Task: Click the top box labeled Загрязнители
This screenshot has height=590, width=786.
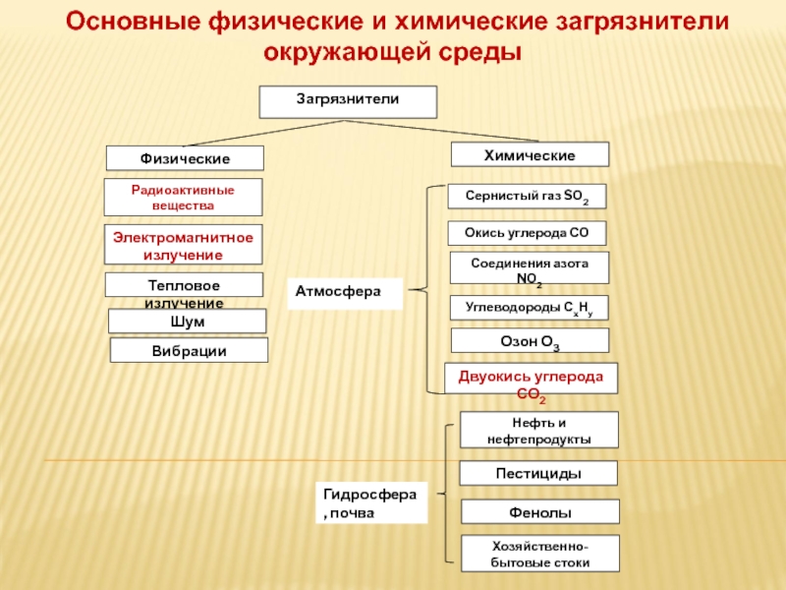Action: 348,102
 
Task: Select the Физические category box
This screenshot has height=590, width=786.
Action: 185,158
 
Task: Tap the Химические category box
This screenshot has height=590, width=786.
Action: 530,154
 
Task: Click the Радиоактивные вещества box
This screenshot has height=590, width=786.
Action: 183,198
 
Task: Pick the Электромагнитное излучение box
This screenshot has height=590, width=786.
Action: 183,244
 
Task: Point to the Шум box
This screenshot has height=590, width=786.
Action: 187,322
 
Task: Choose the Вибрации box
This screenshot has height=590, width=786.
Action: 189,350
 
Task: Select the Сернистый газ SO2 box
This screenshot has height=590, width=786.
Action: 527,196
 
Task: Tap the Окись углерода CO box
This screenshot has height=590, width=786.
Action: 527,233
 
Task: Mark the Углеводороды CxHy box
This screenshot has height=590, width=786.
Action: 529,308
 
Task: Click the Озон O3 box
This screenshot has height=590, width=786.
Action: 530,340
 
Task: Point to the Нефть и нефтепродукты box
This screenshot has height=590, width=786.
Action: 538,430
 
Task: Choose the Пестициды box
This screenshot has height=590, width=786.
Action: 538,473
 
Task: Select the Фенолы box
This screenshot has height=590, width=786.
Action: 539,511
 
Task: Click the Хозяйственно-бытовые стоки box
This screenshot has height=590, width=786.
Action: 539,554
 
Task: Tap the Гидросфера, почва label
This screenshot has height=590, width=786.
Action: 371,502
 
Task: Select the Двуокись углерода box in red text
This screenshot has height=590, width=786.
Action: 531,379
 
